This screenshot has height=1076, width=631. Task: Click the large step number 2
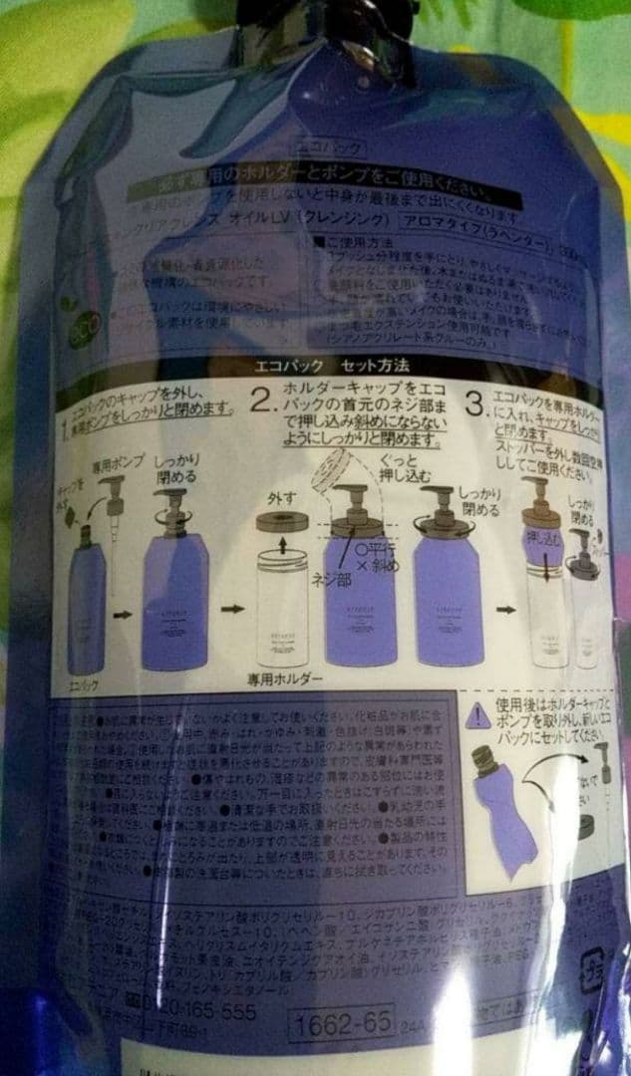coord(262,401)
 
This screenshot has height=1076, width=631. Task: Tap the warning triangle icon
coord(478,713)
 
